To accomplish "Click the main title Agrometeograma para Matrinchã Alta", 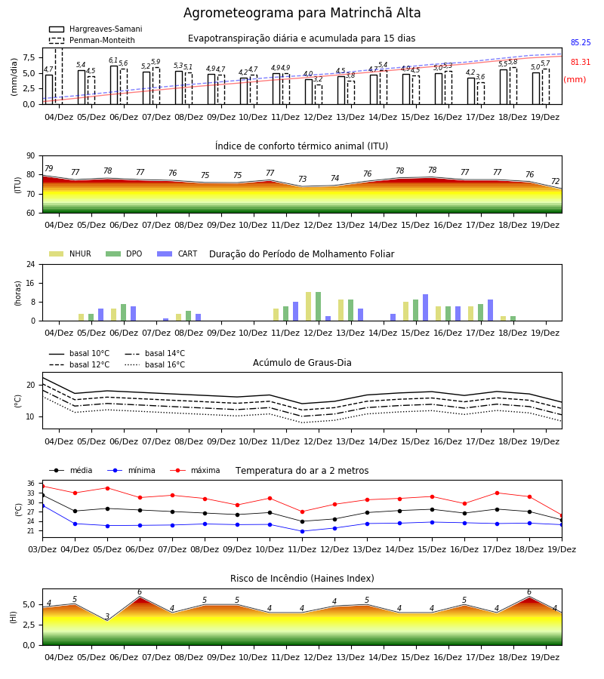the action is click(302, 13).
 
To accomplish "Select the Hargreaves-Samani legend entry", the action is click(96, 29).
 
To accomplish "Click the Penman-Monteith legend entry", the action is click(92, 40).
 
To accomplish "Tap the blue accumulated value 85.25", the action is click(581, 42).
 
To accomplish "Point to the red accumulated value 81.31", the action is click(581, 62).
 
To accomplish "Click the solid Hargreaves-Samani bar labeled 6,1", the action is click(114, 84).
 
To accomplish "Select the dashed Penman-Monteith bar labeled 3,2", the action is click(319, 94).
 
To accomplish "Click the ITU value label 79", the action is click(49, 168).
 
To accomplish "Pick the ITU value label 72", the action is click(556, 181).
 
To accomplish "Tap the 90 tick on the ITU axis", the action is click(31, 156).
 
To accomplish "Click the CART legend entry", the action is click(177, 253).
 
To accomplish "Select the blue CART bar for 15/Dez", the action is click(426, 308).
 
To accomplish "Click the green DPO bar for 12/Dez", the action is click(318, 306).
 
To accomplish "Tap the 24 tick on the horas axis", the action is click(31, 264).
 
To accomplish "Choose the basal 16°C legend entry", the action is click(155, 364).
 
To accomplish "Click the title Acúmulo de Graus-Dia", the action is click(302, 362).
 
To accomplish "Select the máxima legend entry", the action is click(196, 470).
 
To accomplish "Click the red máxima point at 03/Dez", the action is click(42, 487).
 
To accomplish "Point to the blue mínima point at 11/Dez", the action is click(302, 531).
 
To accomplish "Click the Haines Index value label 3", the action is click(107, 616).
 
